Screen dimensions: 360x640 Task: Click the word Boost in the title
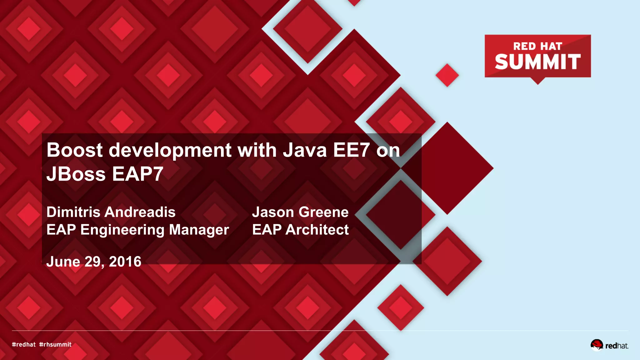tap(74, 150)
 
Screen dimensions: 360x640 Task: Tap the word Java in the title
tap(305, 150)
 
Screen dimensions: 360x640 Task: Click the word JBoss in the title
tap(76, 174)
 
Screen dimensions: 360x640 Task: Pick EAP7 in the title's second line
tap(137, 174)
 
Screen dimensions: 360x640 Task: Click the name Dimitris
tap(73, 212)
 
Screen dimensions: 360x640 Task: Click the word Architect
tap(317, 230)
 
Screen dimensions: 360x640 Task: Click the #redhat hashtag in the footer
tap(24, 345)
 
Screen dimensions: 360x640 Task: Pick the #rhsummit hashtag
tap(55, 345)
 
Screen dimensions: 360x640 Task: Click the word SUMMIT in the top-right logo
tap(537, 62)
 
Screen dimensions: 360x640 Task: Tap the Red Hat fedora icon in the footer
tap(597, 345)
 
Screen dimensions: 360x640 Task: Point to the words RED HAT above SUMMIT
tap(537, 46)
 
